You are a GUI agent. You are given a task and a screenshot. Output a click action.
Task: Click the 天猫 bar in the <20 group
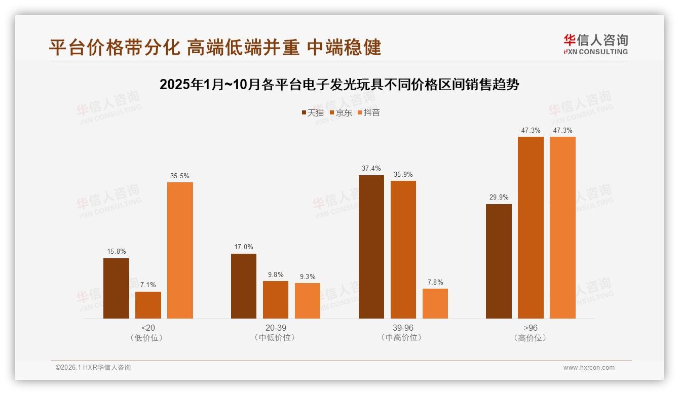click(116, 288)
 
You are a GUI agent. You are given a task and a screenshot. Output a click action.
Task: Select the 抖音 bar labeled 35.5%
click(180, 250)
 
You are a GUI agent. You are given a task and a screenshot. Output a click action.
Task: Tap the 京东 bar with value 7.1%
click(148, 305)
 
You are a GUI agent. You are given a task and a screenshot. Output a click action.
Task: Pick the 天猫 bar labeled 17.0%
click(244, 286)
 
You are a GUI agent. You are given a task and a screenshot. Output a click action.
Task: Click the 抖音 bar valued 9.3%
click(308, 301)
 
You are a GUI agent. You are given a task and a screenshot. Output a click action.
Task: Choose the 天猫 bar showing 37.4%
click(371, 247)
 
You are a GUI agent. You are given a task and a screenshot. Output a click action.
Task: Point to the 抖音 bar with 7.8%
click(435, 303)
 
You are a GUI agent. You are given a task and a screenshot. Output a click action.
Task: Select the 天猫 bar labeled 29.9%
click(499, 261)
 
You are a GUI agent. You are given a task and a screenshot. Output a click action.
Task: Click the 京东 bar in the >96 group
click(531, 227)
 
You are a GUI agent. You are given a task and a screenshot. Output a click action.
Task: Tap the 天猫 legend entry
click(313, 113)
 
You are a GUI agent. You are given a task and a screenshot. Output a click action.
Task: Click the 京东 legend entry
click(341, 113)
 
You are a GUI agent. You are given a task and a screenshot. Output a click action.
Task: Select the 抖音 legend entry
click(369, 113)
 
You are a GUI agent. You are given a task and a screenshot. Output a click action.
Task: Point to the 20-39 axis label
click(275, 328)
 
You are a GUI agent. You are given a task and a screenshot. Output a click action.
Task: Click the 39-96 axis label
click(403, 328)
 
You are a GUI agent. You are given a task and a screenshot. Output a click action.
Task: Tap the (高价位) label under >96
click(530, 338)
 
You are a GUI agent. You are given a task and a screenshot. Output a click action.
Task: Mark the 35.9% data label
click(403, 175)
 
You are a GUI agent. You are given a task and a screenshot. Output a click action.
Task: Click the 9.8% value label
click(276, 275)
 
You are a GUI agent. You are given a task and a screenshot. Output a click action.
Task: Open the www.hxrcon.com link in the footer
click(589, 368)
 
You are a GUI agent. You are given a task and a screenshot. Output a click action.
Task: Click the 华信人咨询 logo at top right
click(595, 44)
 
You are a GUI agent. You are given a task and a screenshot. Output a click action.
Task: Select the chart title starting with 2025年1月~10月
click(339, 85)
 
